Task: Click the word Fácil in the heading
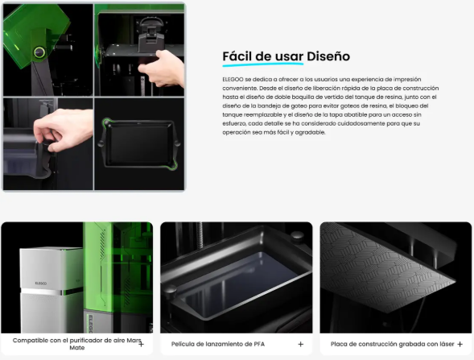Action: coord(237,56)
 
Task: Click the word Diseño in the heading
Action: coord(328,56)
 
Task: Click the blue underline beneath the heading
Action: coord(263,64)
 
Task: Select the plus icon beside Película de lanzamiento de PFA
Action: coord(300,344)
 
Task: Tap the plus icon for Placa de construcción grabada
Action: coord(460,344)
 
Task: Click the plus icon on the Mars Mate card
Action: coord(141,344)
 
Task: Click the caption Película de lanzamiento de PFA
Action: coord(218,344)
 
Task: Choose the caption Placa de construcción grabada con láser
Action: coord(393,344)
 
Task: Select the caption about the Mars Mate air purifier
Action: coord(76,344)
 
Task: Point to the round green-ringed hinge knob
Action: coord(39,52)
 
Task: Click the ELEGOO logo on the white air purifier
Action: coord(41,283)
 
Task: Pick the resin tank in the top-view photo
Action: coord(139,143)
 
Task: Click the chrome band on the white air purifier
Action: coord(52,292)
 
